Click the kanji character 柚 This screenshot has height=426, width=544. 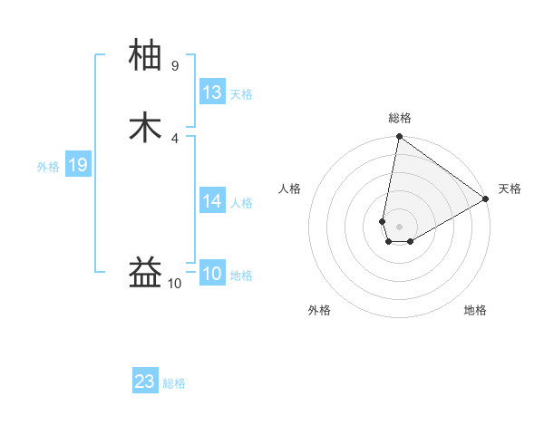pos(146,56)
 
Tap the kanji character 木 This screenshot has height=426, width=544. pos(146,127)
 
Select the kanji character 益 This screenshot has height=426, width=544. pos(146,273)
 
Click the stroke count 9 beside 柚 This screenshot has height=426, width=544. pos(175,66)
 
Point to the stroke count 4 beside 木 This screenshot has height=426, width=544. pos(175,138)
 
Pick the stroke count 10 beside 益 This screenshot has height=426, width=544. pos(175,284)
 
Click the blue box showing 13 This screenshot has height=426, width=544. pos(212,92)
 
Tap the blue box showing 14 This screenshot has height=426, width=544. pos(212,201)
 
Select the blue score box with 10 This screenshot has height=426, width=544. pos(212,274)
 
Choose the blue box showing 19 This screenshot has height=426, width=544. pos(78,165)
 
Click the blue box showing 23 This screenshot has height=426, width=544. pos(145,382)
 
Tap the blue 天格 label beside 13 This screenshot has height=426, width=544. pos(241,94)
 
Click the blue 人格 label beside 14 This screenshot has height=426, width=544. pos(241,203)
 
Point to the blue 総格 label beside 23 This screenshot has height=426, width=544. pos(174,383)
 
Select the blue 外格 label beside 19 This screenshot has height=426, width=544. pos(48,167)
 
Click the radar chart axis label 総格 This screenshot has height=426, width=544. pos(400,118)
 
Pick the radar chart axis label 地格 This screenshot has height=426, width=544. pos(475,310)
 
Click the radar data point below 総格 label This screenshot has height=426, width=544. pos(399,138)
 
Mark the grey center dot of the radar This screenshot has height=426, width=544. pos(399,226)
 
